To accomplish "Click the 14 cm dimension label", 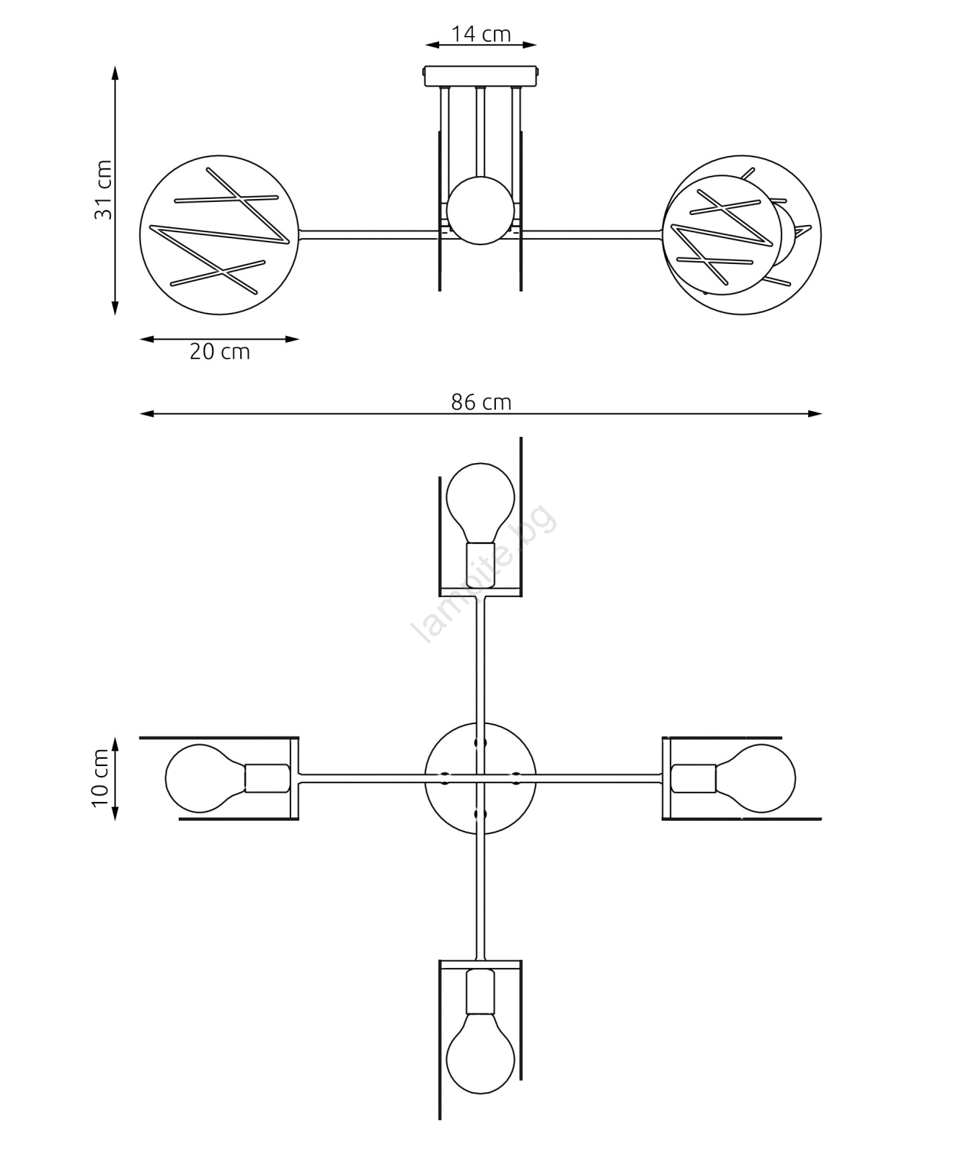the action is (481, 34).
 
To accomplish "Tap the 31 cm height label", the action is (103, 190).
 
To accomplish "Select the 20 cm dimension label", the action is (220, 352).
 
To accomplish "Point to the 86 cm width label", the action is (481, 402).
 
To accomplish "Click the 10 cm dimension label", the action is (100, 778).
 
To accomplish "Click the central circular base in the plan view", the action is (481, 778).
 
